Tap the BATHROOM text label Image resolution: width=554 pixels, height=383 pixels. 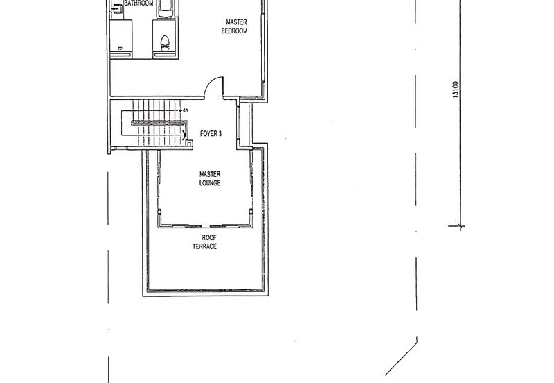pyautogui.click(x=138, y=3)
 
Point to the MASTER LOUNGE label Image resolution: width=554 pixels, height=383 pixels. pyautogui.click(x=209, y=179)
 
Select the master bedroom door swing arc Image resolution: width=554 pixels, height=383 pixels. pyautogui.click(x=215, y=87)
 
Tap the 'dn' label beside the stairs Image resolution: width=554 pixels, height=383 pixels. pyautogui.click(x=185, y=110)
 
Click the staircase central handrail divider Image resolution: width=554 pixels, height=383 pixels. pyautogui.click(x=159, y=122)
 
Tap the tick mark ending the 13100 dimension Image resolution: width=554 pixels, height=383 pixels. pyautogui.click(x=461, y=225)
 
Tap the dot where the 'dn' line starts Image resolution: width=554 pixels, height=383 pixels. pyautogui.click(x=179, y=110)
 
